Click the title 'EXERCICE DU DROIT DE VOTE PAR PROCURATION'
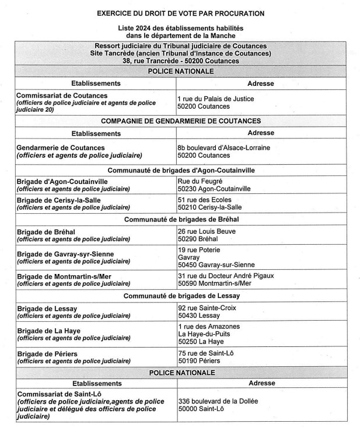tap(180, 13)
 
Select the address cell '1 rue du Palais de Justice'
tap(215, 99)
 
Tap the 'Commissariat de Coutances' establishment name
tap(62, 95)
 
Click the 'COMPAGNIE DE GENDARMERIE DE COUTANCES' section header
tap(180, 121)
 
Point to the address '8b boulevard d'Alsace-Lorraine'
tap(223, 148)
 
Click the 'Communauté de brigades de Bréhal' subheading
tap(180, 220)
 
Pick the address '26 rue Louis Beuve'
tap(207, 231)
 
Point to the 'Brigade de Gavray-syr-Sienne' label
tap(65, 254)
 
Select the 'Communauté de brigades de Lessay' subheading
tap(180, 296)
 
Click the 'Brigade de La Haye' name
tap(50, 331)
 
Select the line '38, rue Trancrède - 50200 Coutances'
tap(181, 61)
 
